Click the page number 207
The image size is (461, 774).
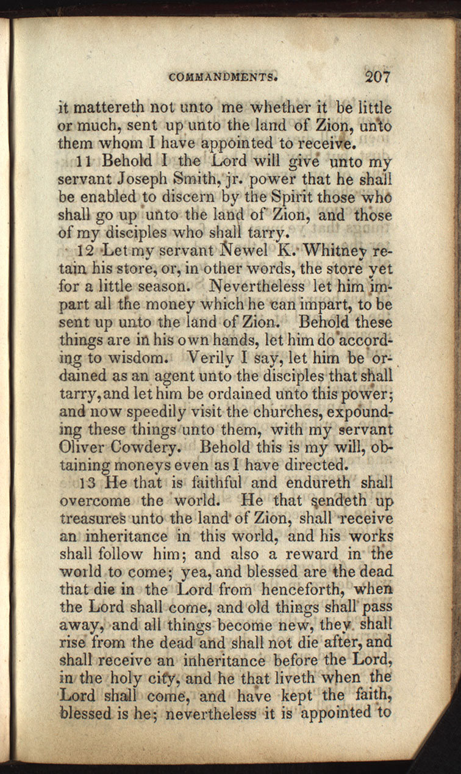[377, 77]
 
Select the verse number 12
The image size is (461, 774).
[85, 251]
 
